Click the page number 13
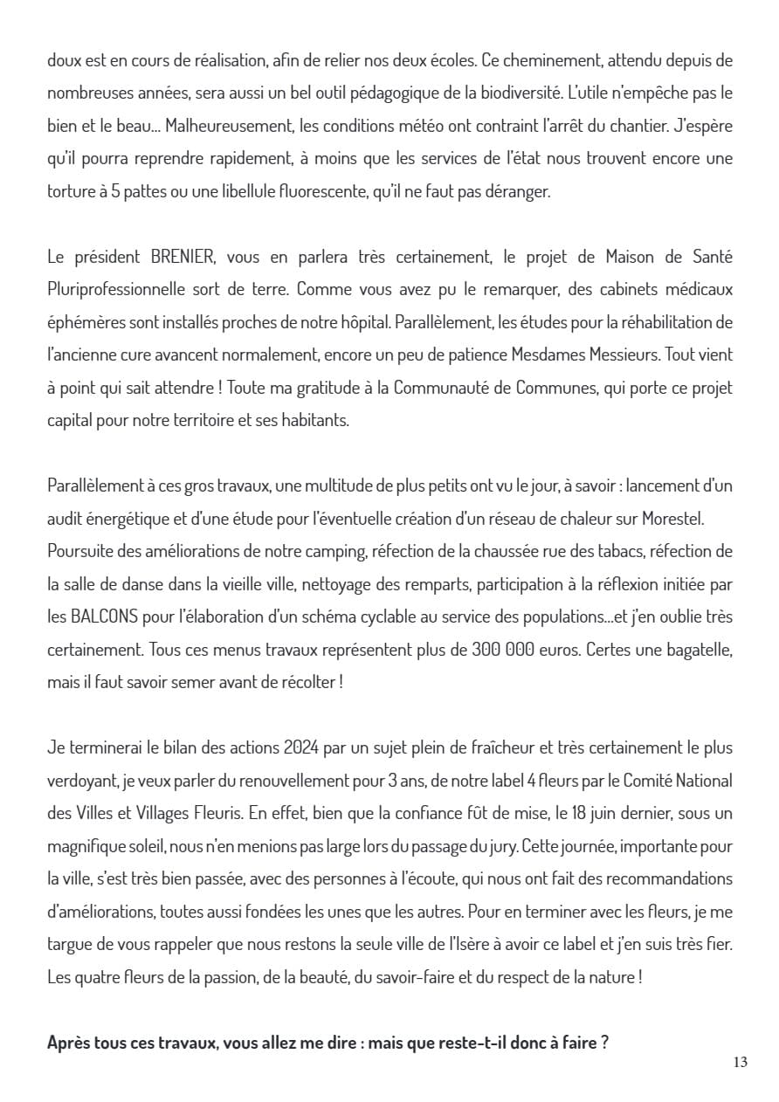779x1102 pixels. (741, 1063)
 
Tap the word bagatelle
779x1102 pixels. (695, 649)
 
